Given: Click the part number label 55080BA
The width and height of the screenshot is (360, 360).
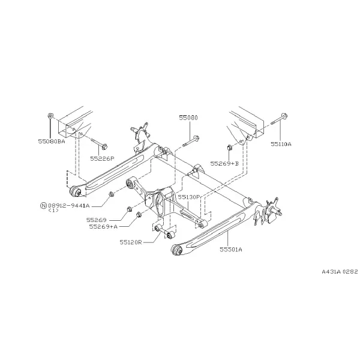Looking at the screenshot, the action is click(52, 141).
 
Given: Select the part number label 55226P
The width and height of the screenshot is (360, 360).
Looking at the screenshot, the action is click(102, 158).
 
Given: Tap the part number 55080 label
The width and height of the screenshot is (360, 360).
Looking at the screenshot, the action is click(188, 118).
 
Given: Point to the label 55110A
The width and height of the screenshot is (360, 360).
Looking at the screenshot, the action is click(281, 144).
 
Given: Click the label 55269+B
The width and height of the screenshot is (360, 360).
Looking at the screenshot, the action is click(224, 163).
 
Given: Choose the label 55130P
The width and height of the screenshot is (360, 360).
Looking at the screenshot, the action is click(189, 197).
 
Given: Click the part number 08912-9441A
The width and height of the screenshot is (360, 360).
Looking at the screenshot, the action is click(68, 205).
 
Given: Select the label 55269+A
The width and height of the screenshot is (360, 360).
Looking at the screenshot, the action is click(103, 227).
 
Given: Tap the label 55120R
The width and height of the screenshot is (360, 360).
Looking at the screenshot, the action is click(131, 242).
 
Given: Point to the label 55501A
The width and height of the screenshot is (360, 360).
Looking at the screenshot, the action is click(231, 250).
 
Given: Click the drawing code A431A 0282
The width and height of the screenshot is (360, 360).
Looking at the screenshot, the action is click(340, 272).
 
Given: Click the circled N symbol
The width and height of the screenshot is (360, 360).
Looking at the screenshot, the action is click(43, 205).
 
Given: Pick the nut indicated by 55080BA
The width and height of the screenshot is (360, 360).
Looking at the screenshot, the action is click(50, 116).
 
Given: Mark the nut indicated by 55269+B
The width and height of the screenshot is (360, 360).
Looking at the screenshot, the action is click(229, 147).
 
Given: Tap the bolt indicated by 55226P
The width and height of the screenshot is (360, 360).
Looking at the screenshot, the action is click(99, 143).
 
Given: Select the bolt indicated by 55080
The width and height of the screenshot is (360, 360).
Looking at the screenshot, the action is click(191, 142).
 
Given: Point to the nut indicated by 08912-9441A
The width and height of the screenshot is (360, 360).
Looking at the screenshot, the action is click(112, 194).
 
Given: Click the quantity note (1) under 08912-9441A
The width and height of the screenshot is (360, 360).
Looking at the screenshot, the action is click(53, 211).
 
